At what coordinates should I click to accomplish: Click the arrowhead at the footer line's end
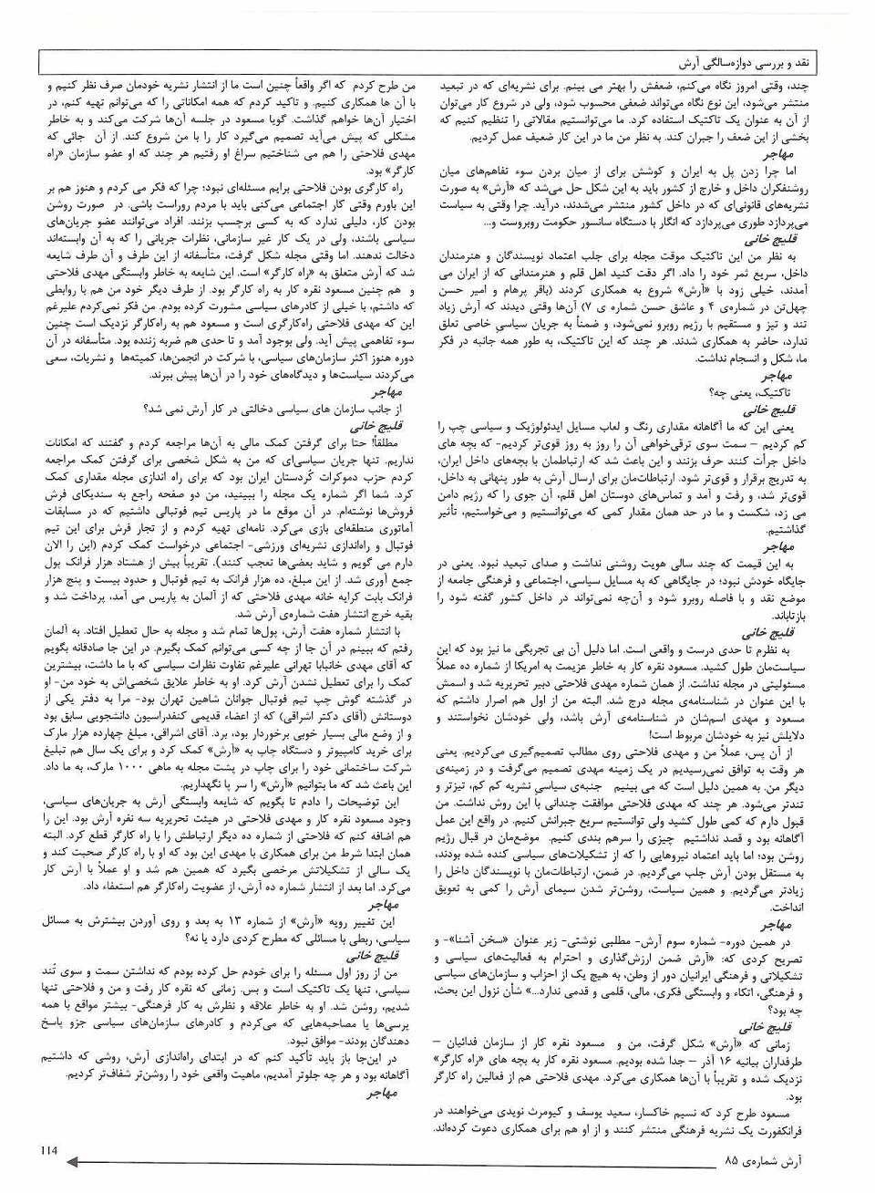[x=76, y=1162]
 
